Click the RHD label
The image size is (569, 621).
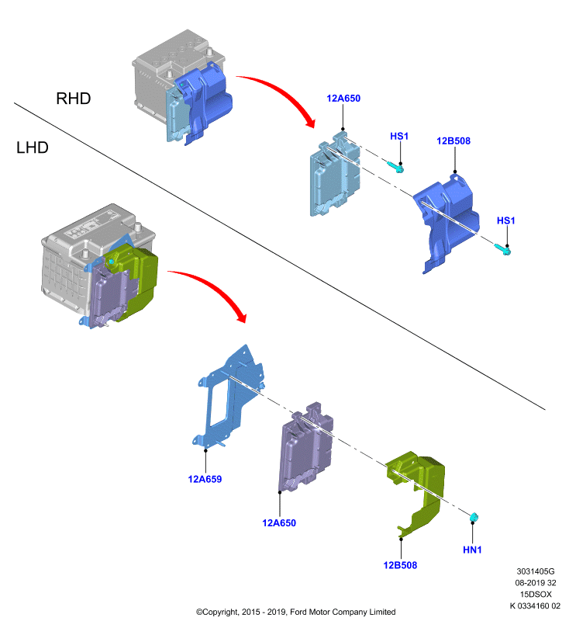point(74,99)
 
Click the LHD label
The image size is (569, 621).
point(33,147)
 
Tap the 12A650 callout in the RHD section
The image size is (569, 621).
point(343,99)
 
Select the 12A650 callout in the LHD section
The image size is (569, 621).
point(279,522)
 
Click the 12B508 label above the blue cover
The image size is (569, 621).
point(453,141)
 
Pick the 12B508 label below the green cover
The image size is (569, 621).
point(400,565)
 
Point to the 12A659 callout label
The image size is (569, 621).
point(205,479)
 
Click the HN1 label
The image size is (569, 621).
point(472,550)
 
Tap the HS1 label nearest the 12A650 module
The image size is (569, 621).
point(399,137)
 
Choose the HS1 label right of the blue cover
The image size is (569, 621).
point(505,220)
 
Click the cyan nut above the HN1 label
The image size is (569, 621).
point(474,517)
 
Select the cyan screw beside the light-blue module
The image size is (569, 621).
point(395,167)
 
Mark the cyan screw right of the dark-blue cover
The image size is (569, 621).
point(502,248)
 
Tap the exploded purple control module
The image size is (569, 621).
point(305,448)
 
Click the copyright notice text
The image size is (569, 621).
point(295,612)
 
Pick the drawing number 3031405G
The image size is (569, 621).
point(536,571)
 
